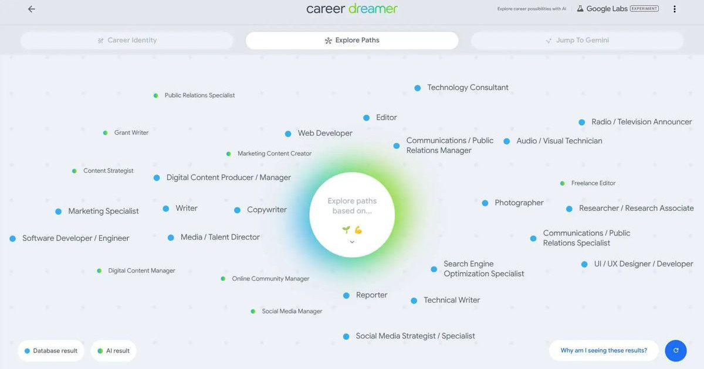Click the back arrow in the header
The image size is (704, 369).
pos(32,9)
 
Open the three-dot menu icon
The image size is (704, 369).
pos(675,9)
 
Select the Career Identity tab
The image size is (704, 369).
pos(127,40)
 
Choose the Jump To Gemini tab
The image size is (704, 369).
pos(577,40)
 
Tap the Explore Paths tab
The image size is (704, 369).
pos(352,40)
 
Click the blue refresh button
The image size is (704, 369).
pos(676,350)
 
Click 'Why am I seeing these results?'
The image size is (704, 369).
pos(604,350)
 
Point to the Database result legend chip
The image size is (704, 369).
pos(51,351)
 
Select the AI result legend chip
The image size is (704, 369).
pos(113,351)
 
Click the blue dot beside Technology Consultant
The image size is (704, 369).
pos(417,88)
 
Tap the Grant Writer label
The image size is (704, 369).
pos(131,133)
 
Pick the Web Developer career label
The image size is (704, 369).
pos(325,134)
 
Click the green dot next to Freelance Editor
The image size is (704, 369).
pos(562,183)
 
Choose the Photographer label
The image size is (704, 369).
pos(519,203)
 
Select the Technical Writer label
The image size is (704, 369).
pos(452,300)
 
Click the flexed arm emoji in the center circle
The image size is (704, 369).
pos(358,230)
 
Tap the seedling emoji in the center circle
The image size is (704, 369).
pos(346,230)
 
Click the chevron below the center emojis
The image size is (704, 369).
pos(352,242)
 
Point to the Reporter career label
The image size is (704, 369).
pos(371,295)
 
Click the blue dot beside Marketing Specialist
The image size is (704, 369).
pos(59,212)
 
